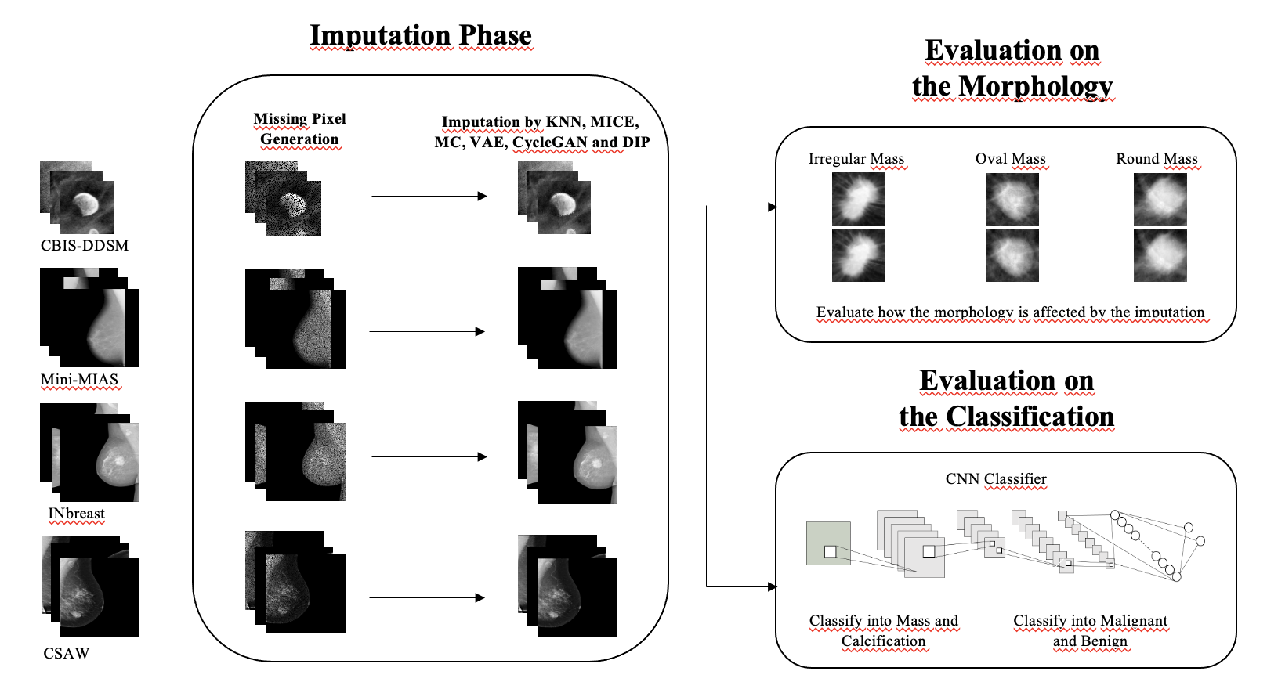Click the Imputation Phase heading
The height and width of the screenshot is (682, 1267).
[x=421, y=35]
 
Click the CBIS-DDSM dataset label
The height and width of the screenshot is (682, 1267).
[x=85, y=245]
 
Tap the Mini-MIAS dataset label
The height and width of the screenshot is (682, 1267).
[x=79, y=380]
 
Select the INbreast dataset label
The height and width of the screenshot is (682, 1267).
[x=76, y=514]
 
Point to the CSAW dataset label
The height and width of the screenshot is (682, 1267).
[x=67, y=653]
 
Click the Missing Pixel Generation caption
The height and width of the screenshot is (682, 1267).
[x=299, y=129]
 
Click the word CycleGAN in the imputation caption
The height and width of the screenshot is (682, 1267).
[x=550, y=143]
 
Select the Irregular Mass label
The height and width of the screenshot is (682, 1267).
[x=856, y=159]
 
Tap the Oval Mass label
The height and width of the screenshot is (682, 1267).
[x=1011, y=159]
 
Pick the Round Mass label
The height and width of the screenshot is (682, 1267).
[x=1157, y=159]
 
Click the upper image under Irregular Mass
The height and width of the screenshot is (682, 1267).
[x=858, y=199]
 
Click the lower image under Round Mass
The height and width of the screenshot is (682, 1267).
[x=1160, y=255]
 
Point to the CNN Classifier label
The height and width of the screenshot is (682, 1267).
[x=996, y=478]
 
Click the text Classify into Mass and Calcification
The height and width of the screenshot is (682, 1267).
[x=884, y=630]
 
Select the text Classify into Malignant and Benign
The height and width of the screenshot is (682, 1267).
[x=1090, y=630]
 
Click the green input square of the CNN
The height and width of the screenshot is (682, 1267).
[x=828, y=543]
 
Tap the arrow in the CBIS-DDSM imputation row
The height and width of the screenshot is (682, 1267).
[x=429, y=196]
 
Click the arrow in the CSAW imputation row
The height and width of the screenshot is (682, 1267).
[x=427, y=597]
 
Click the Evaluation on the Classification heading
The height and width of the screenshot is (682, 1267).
[x=1006, y=399]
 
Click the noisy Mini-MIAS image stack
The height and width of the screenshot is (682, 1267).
[x=296, y=319]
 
